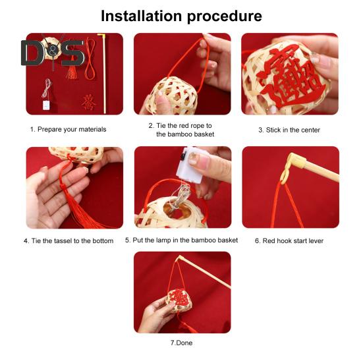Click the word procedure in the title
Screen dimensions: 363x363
(225, 16)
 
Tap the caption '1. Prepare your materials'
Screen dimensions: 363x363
(68, 129)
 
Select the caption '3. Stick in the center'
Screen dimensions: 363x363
(289, 130)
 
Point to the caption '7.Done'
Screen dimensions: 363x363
(182, 343)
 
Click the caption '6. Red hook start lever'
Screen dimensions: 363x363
(289, 240)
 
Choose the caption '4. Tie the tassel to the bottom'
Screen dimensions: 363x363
(69, 240)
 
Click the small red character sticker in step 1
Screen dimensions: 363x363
(88, 102)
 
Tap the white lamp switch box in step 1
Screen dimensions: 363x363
(46, 105)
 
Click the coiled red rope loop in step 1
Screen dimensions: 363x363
(90, 59)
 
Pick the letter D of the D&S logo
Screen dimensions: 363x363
(32, 53)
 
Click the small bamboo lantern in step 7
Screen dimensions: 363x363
(179, 300)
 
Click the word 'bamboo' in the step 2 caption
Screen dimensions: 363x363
(181, 134)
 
